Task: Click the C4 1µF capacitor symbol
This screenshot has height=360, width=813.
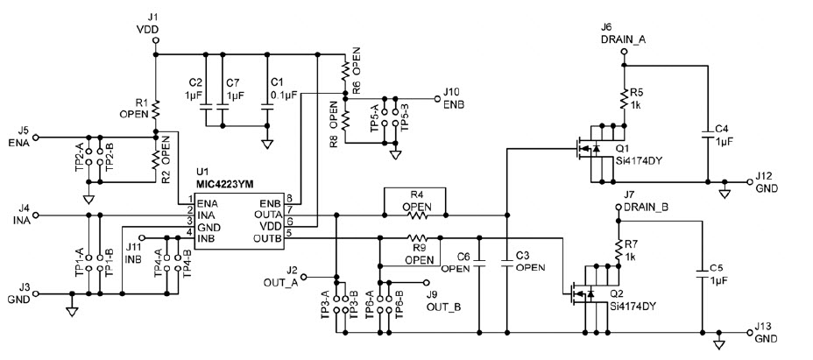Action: pos(706,134)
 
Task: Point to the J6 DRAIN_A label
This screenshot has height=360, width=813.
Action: pos(622,34)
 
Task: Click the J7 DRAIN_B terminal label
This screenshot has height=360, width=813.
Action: pos(647,207)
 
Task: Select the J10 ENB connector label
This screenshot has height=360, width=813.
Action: pos(453,97)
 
